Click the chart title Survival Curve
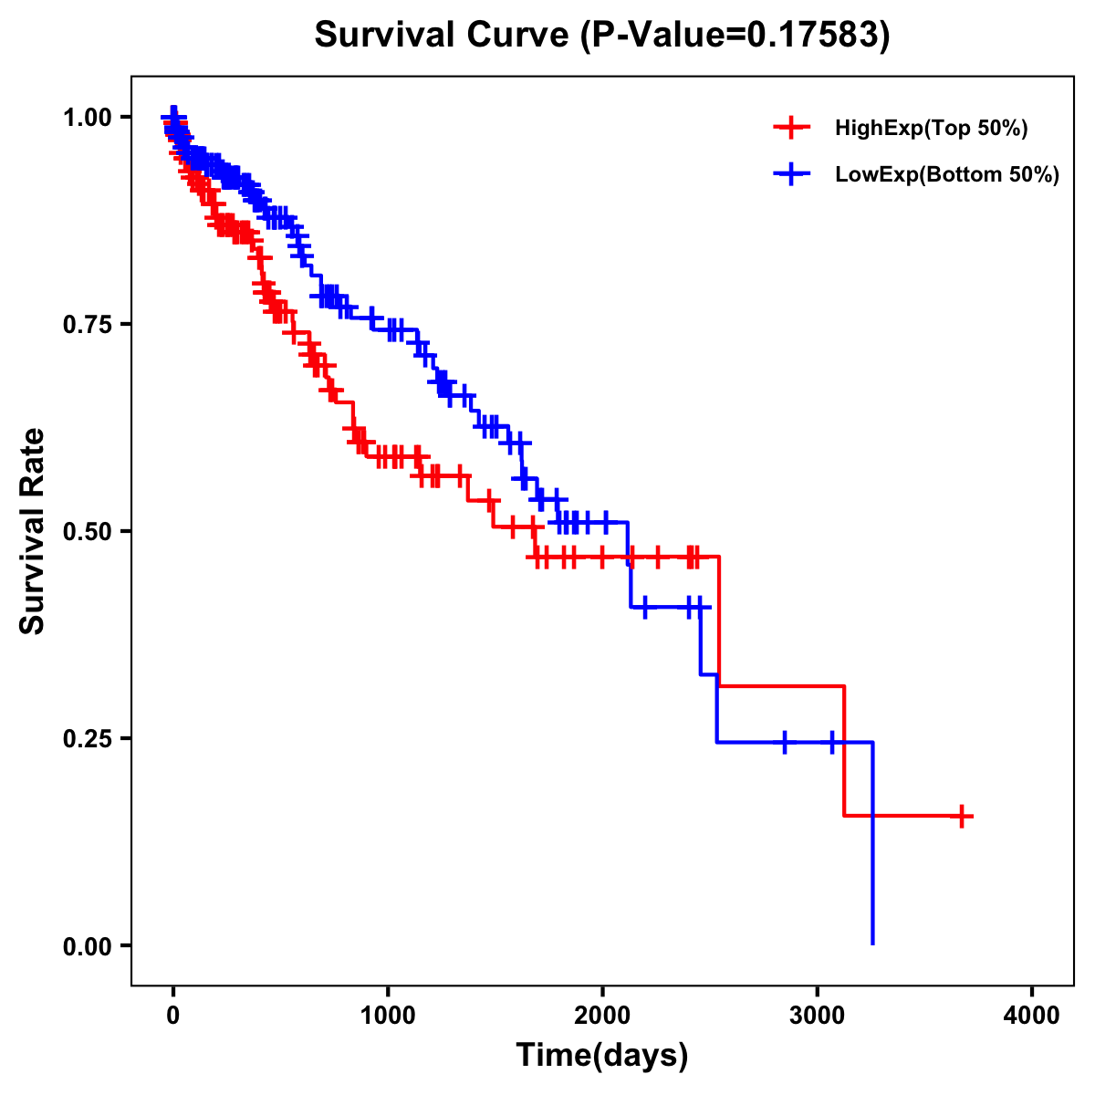coord(444,36)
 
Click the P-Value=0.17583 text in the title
coord(737,36)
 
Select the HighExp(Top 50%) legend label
coord(932,129)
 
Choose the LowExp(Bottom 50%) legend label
coord(947,175)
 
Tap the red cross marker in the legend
coord(791,128)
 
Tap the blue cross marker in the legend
coord(791,173)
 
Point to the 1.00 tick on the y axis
coord(88,117)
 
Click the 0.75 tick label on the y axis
coord(88,324)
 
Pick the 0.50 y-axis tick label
coord(88,531)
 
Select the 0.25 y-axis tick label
coord(88,738)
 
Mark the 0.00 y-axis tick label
coord(88,945)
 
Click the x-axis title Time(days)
coord(602,1056)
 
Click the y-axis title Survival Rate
coord(33,530)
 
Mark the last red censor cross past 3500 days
coord(962,816)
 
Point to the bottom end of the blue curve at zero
coord(873,943)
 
